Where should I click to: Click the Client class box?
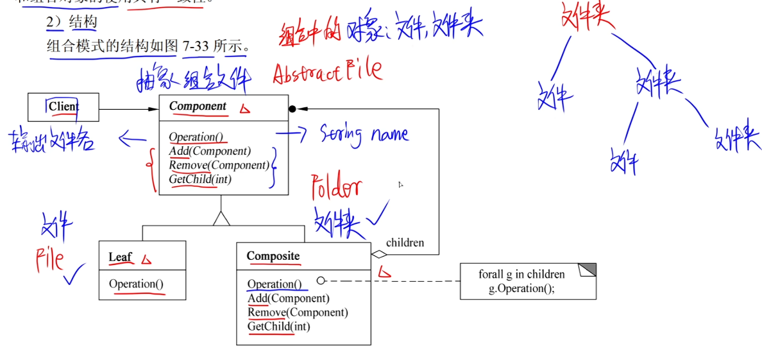(63, 107)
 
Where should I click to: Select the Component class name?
(198, 107)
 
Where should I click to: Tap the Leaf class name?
(120, 257)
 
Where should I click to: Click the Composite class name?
(273, 256)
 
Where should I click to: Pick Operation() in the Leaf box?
(136, 284)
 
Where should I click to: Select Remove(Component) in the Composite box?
(298, 313)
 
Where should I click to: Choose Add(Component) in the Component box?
(210, 151)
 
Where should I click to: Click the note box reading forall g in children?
(527, 281)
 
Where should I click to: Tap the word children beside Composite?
(405, 243)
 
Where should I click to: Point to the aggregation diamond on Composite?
(380, 255)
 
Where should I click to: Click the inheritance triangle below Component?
(221, 218)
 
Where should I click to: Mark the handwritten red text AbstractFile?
(327, 71)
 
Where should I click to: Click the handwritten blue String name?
(364, 133)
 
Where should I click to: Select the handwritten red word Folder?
(336, 188)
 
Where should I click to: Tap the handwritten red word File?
(50, 259)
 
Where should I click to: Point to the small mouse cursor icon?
(400, 185)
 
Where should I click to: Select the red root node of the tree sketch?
(587, 17)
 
